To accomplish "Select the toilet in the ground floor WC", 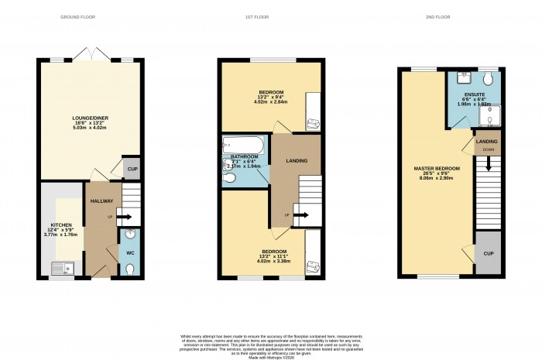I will point(129,268).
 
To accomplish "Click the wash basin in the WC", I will point(129,235).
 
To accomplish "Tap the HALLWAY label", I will point(101,201).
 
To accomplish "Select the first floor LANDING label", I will point(297,161).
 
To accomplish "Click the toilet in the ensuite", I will point(488,79).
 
